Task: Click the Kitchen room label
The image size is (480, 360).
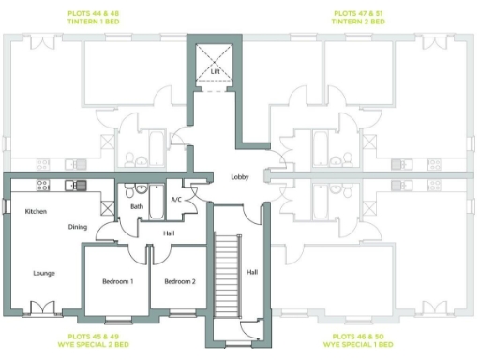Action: pyautogui.click(x=36, y=211)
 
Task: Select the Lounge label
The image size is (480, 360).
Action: pyautogui.click(x=42, y=273)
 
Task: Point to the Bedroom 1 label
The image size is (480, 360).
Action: pyautogui.click(x=117, y=281)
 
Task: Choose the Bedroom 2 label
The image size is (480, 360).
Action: pyautogui.click(x=179, y=281)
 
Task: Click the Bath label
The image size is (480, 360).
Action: pyautogui.click(x=136, y=206)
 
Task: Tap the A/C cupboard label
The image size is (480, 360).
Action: pyautogui.click(x=176, y=199)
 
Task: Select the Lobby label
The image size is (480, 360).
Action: pyautogui.click(x=241, y=177)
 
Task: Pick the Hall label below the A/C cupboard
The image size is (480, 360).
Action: pyautogui.click(x=169, y=233)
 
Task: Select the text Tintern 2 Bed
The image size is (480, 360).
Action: pyautogui.click(x=360, y=21)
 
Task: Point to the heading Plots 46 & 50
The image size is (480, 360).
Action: pyautogui.click(x=360, y=335)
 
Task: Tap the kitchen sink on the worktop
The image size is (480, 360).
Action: pyautogui.click(x=78, y=185)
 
